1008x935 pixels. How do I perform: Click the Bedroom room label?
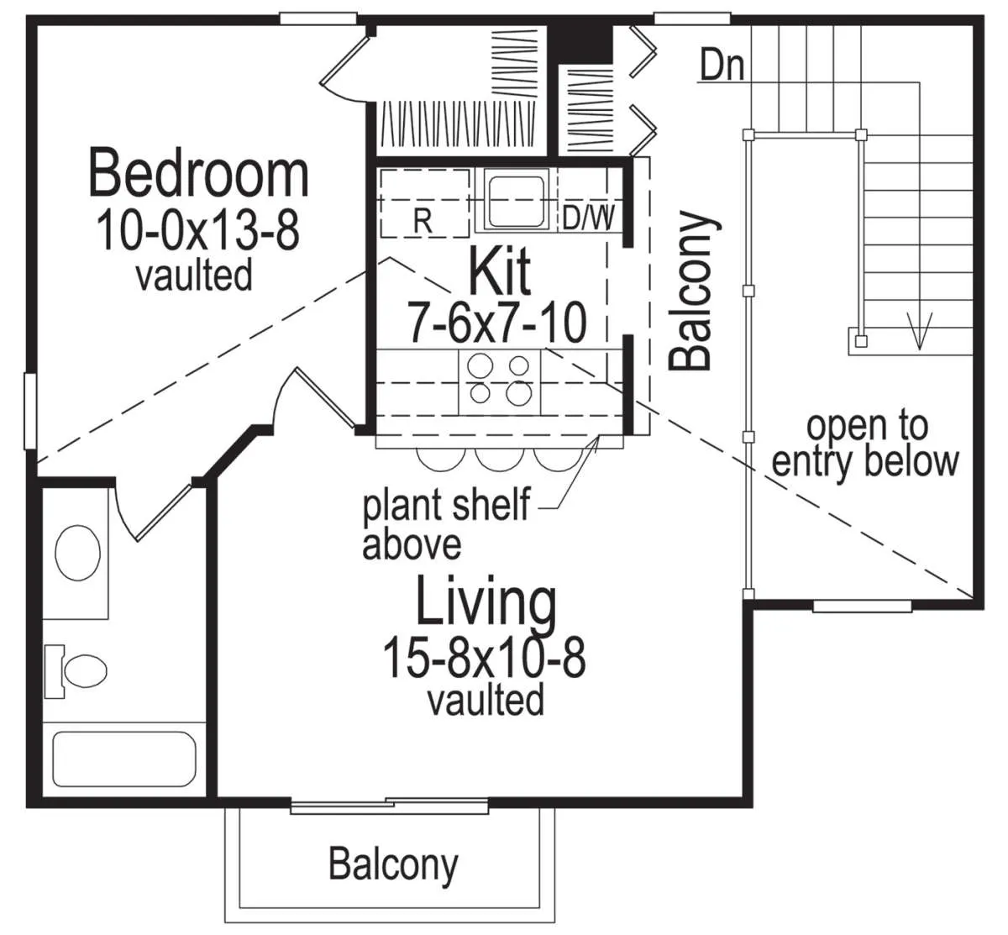(x=198, y=172)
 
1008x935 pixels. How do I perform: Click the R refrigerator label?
(x=423, y=221)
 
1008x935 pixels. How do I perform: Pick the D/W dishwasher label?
(x=588, y=218)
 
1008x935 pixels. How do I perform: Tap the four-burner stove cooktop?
(x=500, y=381)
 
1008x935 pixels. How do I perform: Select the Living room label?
(x=486, y=604)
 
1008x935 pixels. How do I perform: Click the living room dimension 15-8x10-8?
(x=484, y=658)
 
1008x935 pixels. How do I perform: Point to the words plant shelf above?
(x=446, y=523)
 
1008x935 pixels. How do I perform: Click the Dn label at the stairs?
(x=722, y=65)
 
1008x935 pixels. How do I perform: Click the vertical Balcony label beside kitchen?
(x=693, y=291)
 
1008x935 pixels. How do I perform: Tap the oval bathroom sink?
(x=77, y=553)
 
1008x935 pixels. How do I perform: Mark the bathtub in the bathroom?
(x=124, y=759)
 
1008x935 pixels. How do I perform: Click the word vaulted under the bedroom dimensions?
(x=194, y=275)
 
